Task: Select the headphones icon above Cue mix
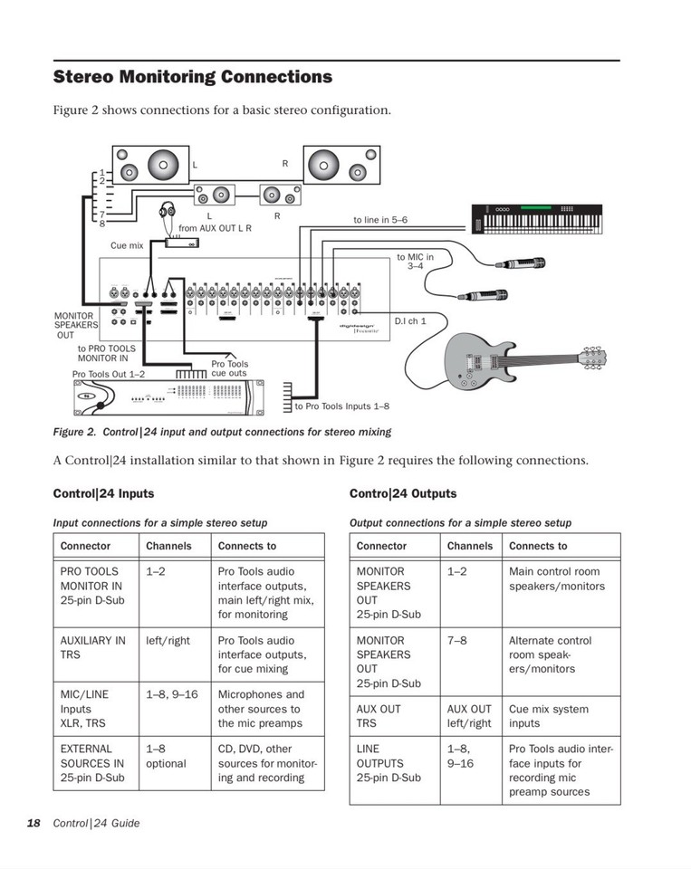[x=167, y=211]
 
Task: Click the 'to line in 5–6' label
[x=380, y=220]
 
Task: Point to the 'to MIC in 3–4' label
[x=415, y=262]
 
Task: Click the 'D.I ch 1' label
[x=409, y=321]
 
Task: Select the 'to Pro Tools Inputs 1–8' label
[x=341, y=406]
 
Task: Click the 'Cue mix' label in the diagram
[x=127, y=245]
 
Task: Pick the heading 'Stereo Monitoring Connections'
[x=193, y=77]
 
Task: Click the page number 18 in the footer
[x=34, y=823]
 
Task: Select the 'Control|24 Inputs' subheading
[x=103, y=493]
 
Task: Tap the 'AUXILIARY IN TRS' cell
[x=93, y=647]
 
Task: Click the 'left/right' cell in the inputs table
[x=168, y=640]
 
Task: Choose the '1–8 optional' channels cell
[x=166, y=756]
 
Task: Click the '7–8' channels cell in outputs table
[x=457, y=640]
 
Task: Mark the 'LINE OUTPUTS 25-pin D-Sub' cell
[x=389, y=763]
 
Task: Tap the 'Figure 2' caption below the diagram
[x=222, y=432]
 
